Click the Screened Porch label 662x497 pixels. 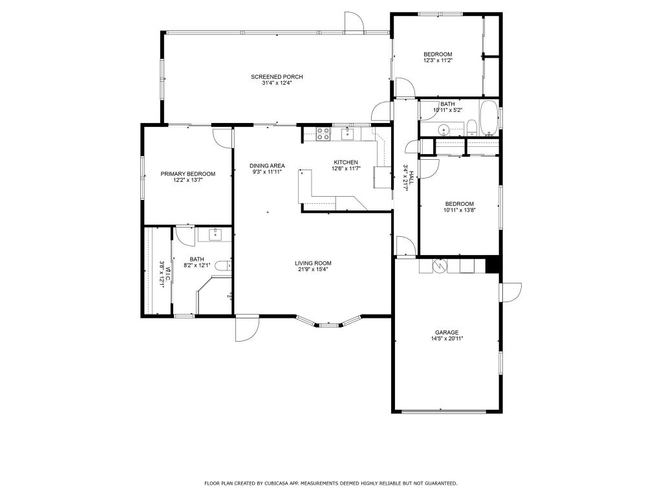tap(277, 77)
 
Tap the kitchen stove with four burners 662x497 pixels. tap(324, 134)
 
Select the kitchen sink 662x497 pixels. tap(347, 133)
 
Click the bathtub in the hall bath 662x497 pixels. tap(489, 118)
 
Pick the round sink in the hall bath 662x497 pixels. tap(443, 129)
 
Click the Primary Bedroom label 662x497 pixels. tap(188, 173)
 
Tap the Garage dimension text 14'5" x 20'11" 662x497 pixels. tap(447, 338)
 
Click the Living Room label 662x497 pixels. tap(314, 263)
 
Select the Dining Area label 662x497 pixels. tap(267, 166)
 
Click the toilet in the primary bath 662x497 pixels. tap(223, 266)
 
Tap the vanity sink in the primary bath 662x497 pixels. tap(215, 234)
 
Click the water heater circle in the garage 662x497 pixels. tap(440, 266)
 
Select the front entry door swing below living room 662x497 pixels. tap(246, 328)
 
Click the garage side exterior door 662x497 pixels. tap(511, 293)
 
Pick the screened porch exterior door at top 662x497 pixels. tap(354, 23)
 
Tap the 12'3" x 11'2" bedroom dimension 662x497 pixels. tap(438, 60)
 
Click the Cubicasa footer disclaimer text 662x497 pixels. tap(330, 483)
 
